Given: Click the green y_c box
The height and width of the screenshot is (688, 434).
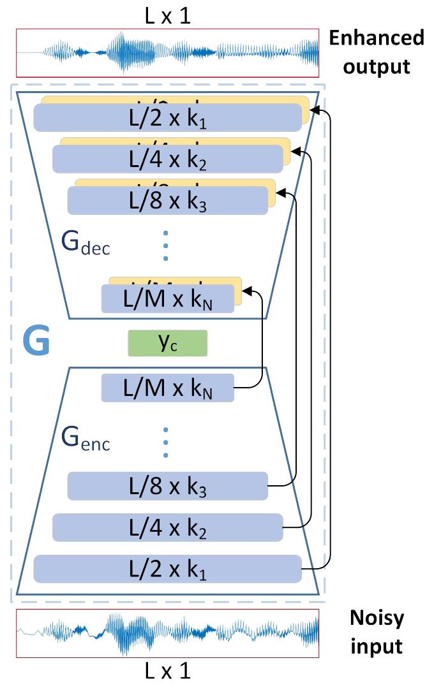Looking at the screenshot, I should (168, 342).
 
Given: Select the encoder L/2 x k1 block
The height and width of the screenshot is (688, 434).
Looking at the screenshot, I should (167, 569).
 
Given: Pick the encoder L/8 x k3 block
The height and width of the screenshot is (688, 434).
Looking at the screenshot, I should (167, 487).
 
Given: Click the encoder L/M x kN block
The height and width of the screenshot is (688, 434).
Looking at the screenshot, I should (167, 388).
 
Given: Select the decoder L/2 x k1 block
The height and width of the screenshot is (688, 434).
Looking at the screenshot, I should (167, 119).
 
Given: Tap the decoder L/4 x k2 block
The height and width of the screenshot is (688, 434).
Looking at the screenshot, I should (167, 159).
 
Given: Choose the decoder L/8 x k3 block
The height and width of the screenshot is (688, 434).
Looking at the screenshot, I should (167, 200).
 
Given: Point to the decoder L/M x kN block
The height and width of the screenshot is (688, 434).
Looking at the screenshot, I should (167, 298).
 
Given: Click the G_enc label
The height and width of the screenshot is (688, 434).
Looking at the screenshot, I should (86, 439).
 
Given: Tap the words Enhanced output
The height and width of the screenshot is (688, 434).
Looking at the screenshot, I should (376, 51).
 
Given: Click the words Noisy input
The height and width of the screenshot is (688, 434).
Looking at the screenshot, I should (376, 631).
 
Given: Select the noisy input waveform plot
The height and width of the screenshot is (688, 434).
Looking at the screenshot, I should (167, 632).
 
